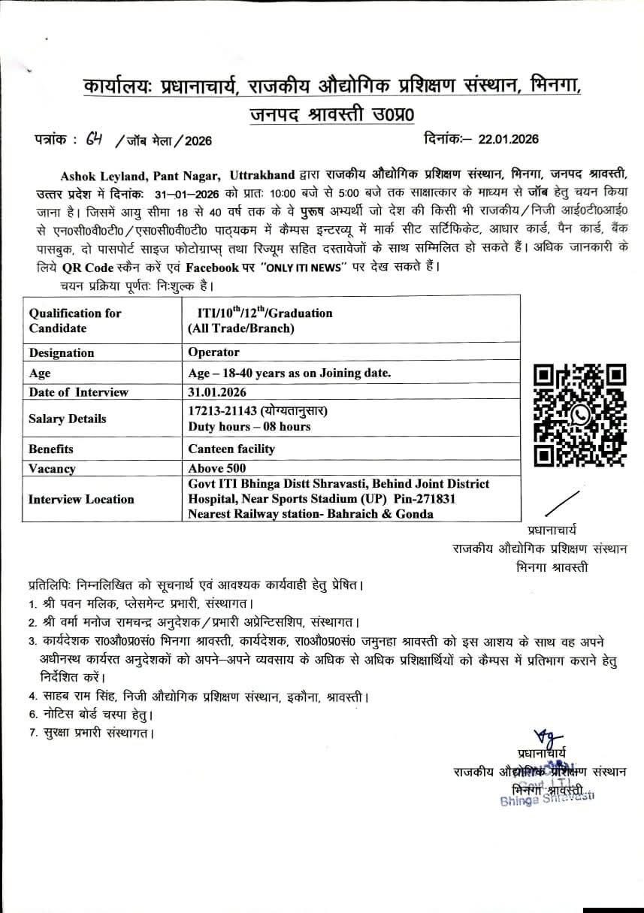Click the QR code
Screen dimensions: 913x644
579,415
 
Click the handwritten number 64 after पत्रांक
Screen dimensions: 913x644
95,139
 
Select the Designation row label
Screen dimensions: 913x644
62,352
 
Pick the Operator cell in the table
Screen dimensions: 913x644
214,352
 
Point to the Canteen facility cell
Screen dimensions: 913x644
231,449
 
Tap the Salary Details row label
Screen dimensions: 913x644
68,419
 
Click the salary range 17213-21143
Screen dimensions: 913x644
222,411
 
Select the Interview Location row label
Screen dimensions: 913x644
81,499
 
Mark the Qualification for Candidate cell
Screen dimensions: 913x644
75,320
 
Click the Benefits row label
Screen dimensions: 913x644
51,449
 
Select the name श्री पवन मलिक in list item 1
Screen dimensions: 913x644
68,603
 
